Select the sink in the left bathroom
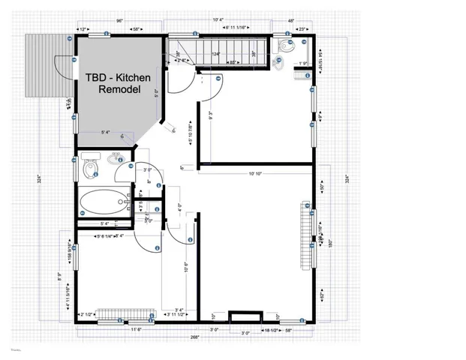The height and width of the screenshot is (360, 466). pos(115,159)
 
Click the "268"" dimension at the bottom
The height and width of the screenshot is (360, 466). pos(195,338)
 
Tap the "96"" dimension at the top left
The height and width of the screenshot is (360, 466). pos(119,21)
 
